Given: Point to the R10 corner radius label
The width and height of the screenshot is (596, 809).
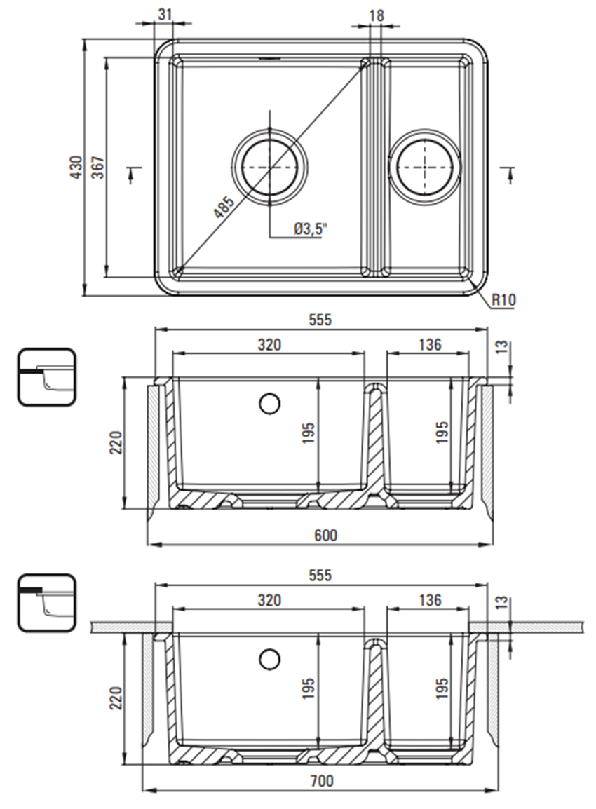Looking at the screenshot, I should [x=503, y=301].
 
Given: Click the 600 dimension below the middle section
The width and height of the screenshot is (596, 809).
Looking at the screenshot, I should [x=325, y=535].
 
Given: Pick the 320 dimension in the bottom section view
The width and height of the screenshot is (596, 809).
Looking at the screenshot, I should [x=269, y=600].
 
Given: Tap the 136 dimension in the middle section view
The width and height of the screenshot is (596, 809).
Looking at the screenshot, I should [x=429, y=344].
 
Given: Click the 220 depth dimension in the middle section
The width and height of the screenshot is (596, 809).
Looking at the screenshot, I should [x=116, y=442].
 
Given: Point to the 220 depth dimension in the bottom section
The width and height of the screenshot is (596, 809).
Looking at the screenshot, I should [x=116, y=698].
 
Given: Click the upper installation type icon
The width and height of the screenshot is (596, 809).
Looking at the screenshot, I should [x=46, y=377].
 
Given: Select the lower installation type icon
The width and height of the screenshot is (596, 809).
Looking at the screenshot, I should [x=46, y=602].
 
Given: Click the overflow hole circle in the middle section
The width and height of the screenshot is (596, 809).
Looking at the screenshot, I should [x=269, y=403].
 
